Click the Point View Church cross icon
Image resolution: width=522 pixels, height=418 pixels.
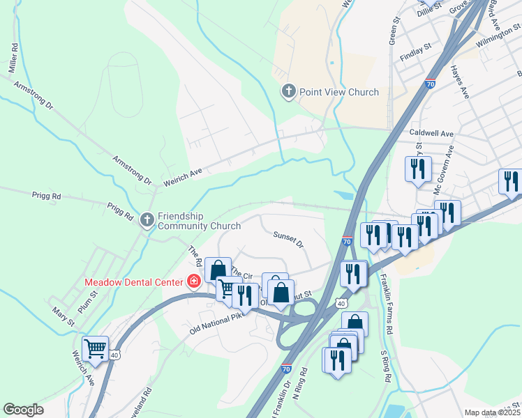click(289, 91)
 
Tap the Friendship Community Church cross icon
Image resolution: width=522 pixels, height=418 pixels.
click(147, 220)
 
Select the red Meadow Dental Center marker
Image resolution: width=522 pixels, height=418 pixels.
click(194, 282)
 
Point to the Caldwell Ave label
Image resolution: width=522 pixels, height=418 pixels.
click(431, 133)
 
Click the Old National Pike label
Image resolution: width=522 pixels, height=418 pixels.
click(216, 323)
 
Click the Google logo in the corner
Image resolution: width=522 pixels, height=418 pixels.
click(23, 410)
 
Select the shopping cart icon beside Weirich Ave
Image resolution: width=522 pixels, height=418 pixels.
click(95, 348)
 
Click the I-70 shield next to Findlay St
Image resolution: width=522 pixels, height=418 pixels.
click(430, 84)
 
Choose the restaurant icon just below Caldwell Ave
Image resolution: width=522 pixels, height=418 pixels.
click(417, 169)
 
